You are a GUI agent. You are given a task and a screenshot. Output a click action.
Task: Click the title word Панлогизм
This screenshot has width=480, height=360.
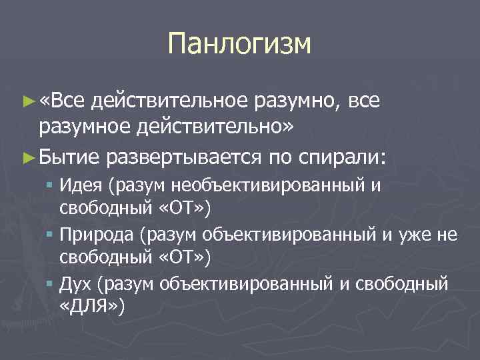point(239,44)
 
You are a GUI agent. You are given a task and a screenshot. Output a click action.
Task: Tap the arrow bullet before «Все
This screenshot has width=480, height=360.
point(27,101)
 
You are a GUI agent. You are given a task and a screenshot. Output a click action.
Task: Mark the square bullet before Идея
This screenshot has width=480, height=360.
point(51,185)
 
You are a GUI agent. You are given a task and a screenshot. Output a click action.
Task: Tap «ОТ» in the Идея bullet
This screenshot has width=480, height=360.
point(183,209)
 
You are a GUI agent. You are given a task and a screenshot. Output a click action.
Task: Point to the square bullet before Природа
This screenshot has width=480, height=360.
point(51,235)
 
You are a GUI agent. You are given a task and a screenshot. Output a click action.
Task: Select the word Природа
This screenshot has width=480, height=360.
point(91,235)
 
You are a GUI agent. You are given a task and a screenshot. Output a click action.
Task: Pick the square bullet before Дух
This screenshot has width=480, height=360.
point(51,285)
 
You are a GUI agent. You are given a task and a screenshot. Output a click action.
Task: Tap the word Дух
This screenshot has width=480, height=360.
point(74,284)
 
